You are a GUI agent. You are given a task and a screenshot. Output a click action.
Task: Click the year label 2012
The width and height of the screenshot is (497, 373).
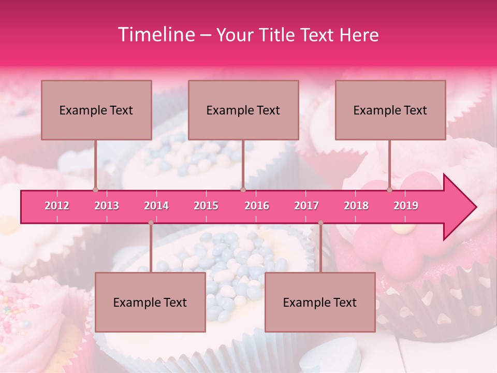click(57, 206)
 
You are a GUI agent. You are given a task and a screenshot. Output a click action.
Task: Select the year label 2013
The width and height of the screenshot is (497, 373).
click(107, 206)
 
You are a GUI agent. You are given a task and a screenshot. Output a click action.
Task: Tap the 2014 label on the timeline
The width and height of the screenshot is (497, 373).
click(156, 206)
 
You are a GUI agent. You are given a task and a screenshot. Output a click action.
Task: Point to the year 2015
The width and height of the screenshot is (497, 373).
click(206, 206)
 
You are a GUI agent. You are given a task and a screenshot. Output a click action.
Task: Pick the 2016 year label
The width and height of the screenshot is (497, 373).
click(257, 206)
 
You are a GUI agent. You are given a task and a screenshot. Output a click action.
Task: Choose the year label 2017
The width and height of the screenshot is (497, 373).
click(306, 206)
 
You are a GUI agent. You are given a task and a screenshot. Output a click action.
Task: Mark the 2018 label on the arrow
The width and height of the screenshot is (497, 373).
click(356, 206)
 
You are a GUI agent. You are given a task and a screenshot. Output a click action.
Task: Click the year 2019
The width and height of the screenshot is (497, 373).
click(406, 206)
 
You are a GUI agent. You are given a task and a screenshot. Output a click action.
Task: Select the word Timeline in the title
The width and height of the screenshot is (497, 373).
click(155, 35)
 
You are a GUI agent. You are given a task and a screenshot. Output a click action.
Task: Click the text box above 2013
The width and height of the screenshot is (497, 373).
click(96, 110)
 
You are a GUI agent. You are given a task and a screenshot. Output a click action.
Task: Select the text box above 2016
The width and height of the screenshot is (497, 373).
click(243, 110)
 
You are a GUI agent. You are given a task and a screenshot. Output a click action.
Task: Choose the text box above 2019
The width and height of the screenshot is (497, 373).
click(390, 110)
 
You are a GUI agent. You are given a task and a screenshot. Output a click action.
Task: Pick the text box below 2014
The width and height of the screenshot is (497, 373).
click(150, 302)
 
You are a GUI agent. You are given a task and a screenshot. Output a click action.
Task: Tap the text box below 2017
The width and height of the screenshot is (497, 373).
click(320, 302)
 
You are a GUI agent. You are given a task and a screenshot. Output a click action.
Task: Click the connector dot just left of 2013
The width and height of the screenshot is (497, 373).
click(95, 190)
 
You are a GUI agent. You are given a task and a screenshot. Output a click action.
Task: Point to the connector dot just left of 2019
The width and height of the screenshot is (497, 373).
click(390, 190)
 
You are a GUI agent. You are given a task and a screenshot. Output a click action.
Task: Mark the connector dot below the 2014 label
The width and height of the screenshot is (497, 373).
click(151, 223)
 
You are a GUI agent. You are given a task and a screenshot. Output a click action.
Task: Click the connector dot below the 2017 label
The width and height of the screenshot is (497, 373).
click(320, 223)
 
